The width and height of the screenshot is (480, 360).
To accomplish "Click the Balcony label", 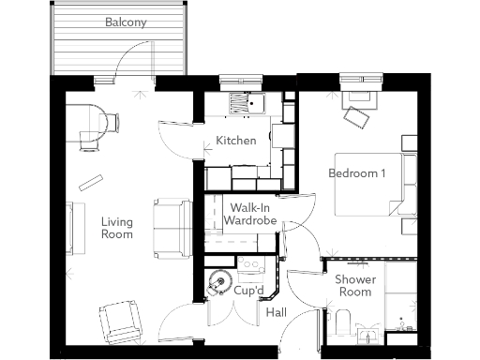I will [x=125, y=22].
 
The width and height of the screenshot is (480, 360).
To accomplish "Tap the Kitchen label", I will [x=235, y=141].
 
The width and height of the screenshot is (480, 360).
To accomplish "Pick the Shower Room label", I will [x=353, y=285].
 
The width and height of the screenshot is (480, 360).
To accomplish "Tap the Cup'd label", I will [x=247, y=291].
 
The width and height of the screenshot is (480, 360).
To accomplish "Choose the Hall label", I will [x=277, y=312].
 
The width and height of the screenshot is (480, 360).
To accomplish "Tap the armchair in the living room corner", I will [x=122, y=322].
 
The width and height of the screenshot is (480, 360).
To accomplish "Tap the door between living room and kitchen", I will [x=174, y=139].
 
